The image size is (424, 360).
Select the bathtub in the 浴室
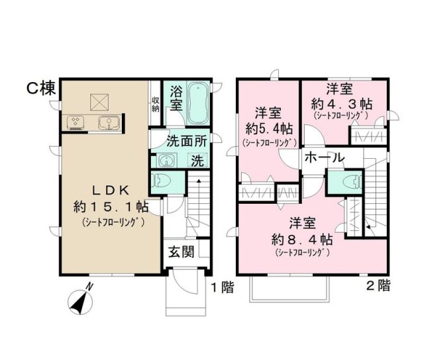point(197,104)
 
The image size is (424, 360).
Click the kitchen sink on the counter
point(108,123)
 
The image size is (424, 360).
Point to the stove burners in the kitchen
point(75,123)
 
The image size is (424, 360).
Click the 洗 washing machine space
point(197,159)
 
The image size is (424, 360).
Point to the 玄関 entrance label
point(181,251)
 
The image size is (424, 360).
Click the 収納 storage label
point(154,105)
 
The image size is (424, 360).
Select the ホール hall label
point(325,158)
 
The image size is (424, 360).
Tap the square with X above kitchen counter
point(100,101)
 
